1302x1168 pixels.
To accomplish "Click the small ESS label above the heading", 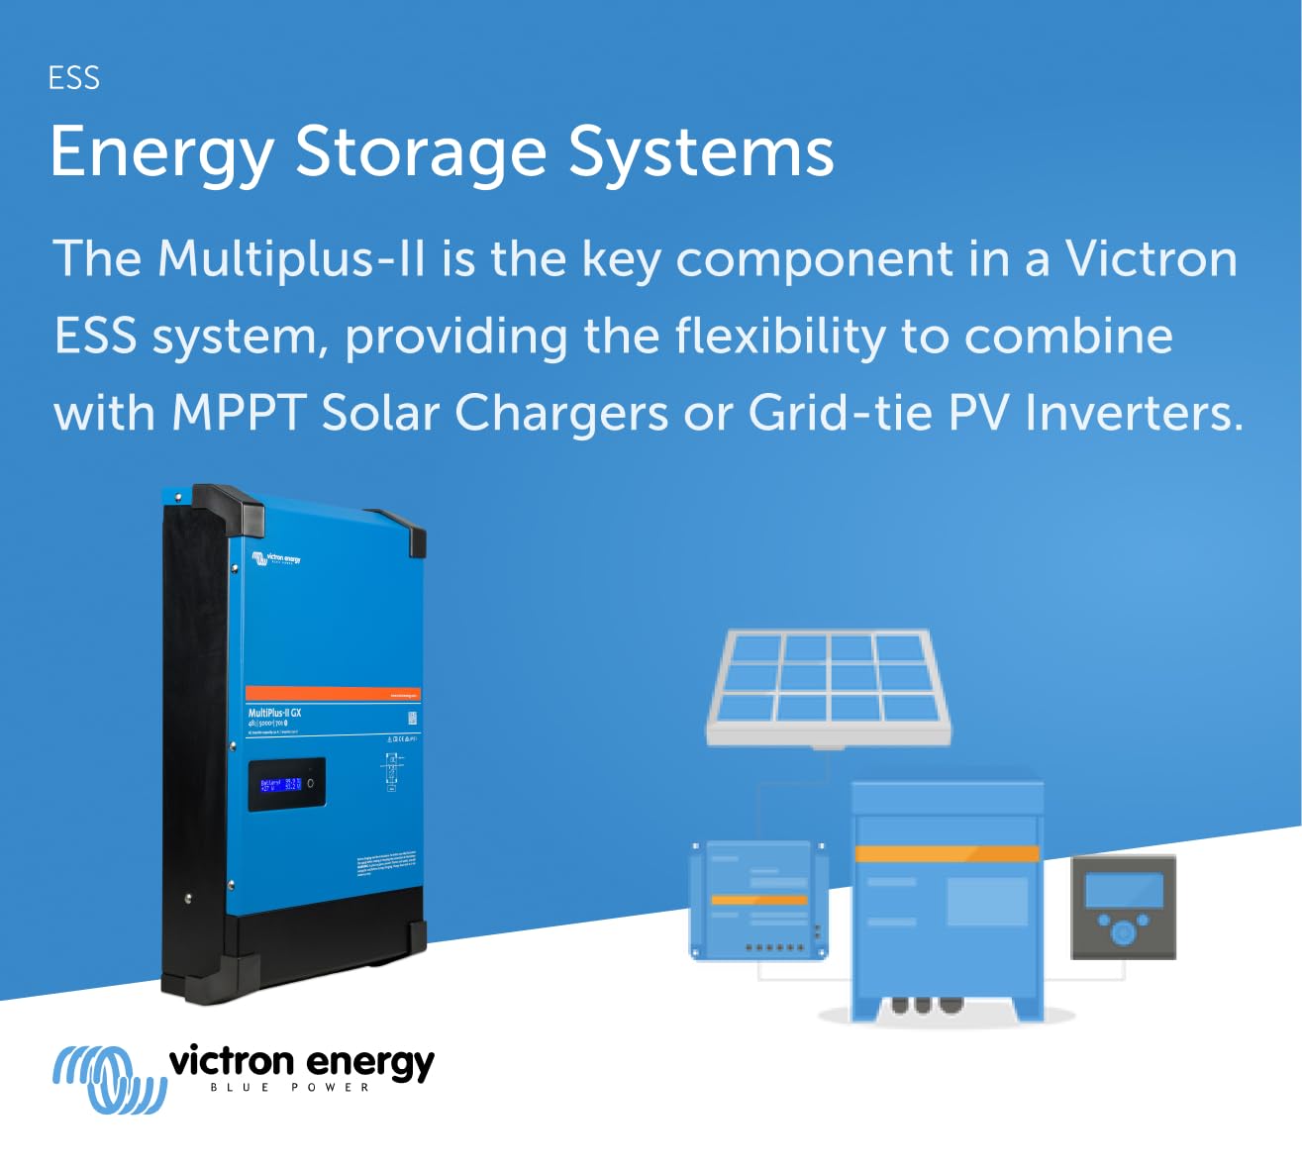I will pos(74,78).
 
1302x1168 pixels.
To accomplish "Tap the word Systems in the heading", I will pos(701,154).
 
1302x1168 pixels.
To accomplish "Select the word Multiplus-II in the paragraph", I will pos(292,258).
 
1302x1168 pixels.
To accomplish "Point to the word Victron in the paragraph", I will pos(1152,258).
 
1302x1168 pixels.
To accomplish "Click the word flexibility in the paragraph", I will pos(780,337).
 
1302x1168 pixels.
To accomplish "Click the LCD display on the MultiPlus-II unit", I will pos(286,784).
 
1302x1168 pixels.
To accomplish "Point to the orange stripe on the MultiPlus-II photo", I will pos(333,693).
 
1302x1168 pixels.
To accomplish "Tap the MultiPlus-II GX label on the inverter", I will pos(274,713).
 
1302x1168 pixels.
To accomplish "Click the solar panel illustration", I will pos(828,685).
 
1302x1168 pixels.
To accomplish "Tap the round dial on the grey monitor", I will pos(1123,933).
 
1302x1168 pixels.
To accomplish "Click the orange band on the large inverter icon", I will pos(947,853).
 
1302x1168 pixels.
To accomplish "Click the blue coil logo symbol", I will pos(108,1079).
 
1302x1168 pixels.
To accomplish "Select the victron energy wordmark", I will pos(301,1061).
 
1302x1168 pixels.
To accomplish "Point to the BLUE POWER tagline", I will pos(289,1088).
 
